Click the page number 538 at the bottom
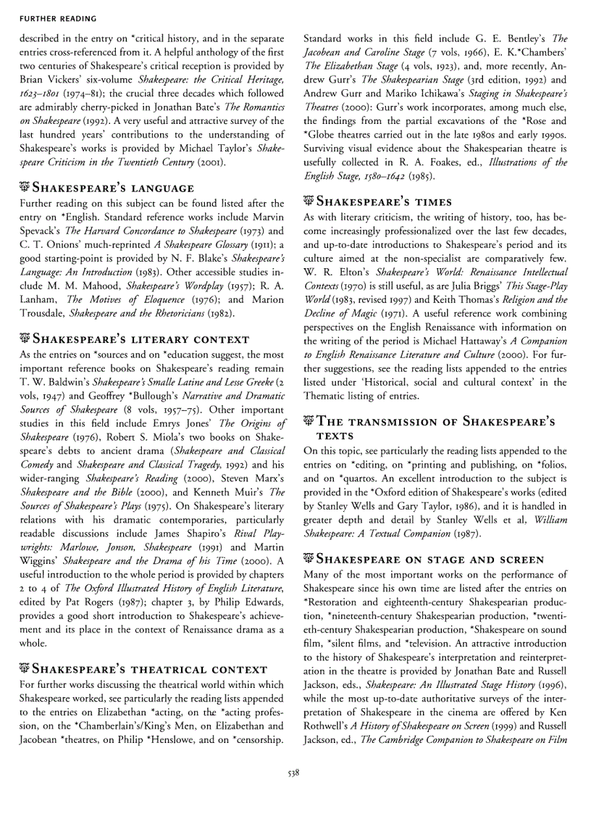click(293, 773)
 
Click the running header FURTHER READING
click(48, 14)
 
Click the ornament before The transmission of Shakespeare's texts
click(309, 421)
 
